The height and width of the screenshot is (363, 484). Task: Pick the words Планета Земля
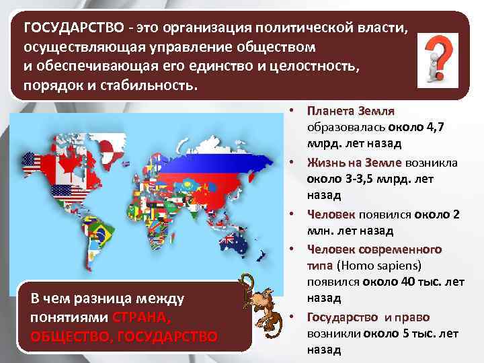350,110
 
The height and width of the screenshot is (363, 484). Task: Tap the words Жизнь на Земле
354,163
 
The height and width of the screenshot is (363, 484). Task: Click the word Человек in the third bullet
331,214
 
